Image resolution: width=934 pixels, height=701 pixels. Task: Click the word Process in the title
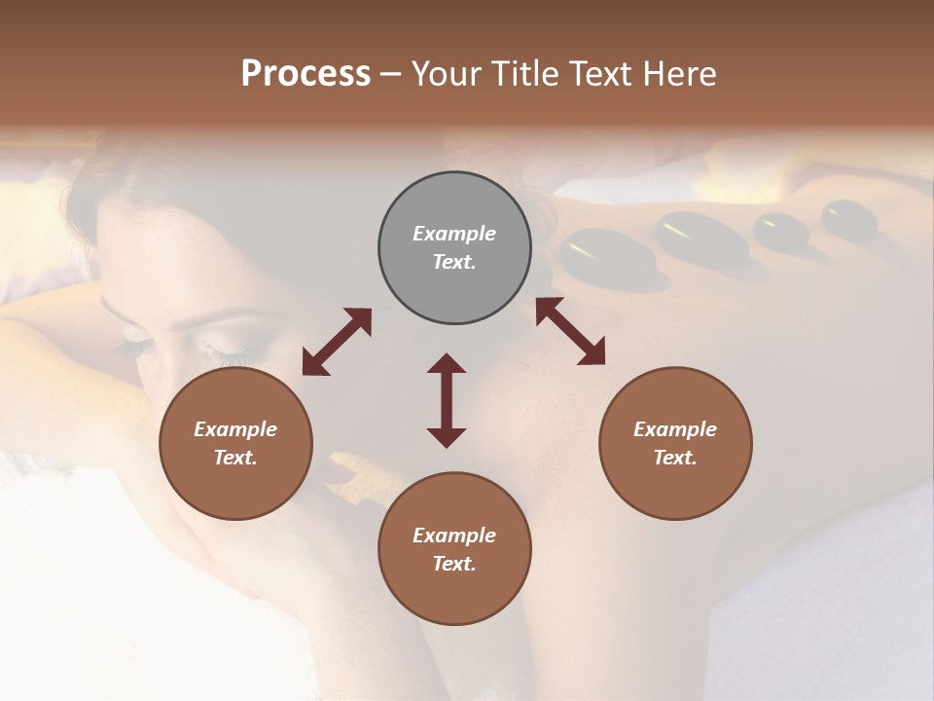305,74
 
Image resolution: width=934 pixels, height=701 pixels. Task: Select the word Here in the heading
680,74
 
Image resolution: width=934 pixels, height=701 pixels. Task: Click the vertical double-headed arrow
447,400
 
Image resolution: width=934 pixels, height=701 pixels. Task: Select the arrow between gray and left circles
337,342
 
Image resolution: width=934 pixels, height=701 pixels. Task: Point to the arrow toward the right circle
570,331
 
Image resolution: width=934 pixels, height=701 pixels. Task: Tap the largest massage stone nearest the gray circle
606,255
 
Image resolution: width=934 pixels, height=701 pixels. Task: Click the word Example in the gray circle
454,234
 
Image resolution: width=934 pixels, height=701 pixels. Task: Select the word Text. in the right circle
675,458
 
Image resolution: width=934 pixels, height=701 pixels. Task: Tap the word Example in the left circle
235,429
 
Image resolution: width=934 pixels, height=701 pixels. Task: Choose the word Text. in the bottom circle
454,564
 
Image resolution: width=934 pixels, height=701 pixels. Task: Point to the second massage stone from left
700,237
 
